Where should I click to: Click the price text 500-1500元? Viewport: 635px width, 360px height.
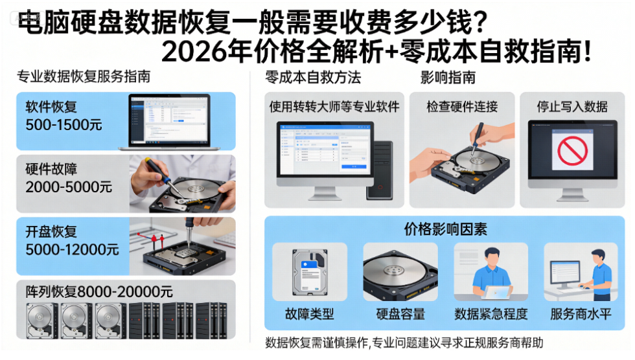click(64, 125)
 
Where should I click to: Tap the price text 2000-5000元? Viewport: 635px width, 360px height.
click(69, 187)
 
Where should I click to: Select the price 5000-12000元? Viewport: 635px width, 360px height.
click(72, 249)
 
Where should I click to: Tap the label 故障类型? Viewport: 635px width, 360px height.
click(310, 315)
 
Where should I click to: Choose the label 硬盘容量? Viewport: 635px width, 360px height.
click(400, 315)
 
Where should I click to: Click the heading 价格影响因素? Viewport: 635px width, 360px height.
click(446, 229)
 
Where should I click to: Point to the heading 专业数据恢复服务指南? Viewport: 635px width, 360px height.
click(84, 77)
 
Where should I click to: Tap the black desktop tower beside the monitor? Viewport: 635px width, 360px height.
click(380, 170)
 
